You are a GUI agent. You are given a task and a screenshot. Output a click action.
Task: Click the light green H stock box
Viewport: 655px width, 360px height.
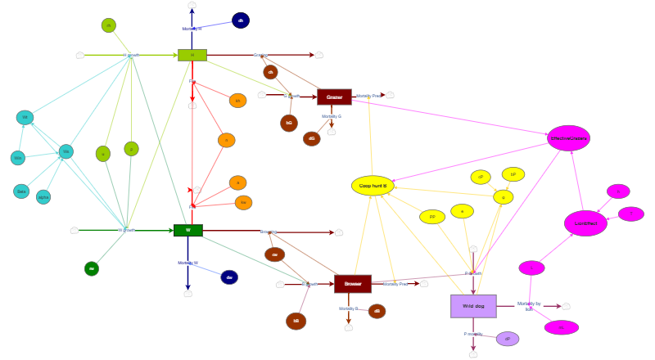[x=192, y=55]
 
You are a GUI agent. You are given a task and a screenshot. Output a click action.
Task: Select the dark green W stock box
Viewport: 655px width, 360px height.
[x=187, y=231]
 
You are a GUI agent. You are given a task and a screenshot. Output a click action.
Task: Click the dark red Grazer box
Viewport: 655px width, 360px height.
[x=334, y=97]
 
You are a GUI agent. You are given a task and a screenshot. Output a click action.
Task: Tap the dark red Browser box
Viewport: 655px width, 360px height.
[x=352, y=284]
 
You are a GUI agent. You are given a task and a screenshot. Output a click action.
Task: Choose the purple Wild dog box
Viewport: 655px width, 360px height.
[x=473, y=306]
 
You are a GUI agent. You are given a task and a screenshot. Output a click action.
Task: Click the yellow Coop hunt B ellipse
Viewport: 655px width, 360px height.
[x=373, y=186]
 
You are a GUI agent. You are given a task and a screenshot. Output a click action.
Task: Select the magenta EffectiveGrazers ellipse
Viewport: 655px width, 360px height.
[x=568, y=138]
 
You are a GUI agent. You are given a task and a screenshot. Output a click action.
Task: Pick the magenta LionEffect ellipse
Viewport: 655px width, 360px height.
[x=585, y=223]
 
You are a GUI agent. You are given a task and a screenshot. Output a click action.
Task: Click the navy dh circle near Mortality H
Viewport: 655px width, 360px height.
[x=241, y=20]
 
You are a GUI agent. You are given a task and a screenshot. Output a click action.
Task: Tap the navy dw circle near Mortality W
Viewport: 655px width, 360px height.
[x=229, y=277]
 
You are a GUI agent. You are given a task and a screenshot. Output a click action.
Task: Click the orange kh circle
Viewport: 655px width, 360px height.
[x=237, y=101]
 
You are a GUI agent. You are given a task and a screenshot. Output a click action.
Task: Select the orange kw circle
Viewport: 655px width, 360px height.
[x=243, y=202]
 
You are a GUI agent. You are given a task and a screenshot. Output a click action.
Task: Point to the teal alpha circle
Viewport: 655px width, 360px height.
[x=43, y=197]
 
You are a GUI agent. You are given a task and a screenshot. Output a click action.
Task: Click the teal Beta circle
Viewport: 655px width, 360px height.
[x=21, y=191]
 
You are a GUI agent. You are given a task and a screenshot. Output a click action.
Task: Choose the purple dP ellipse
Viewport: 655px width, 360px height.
[x=508, y=339]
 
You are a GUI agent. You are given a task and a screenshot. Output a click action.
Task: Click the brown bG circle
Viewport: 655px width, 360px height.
[x=289, y=123]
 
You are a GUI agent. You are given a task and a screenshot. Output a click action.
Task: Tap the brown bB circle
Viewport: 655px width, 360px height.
[x=296, y=321]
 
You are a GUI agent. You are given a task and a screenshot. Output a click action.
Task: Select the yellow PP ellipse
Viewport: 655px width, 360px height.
[x=432, y=217]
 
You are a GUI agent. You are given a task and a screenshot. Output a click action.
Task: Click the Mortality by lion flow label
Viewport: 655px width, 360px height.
[x=529, y=306]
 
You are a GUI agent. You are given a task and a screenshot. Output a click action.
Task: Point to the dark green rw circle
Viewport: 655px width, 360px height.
[x=92, y=268]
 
